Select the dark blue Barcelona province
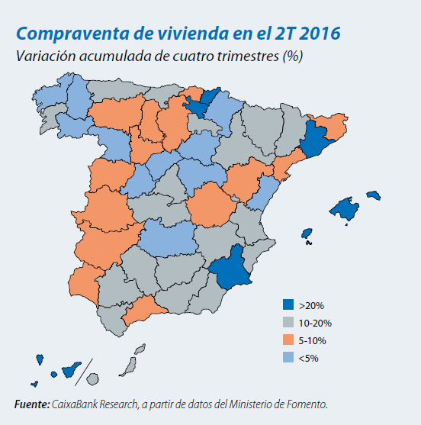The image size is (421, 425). pos(313,140)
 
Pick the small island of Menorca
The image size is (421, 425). pos(373,195)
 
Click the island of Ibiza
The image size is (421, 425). pos(307,233)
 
